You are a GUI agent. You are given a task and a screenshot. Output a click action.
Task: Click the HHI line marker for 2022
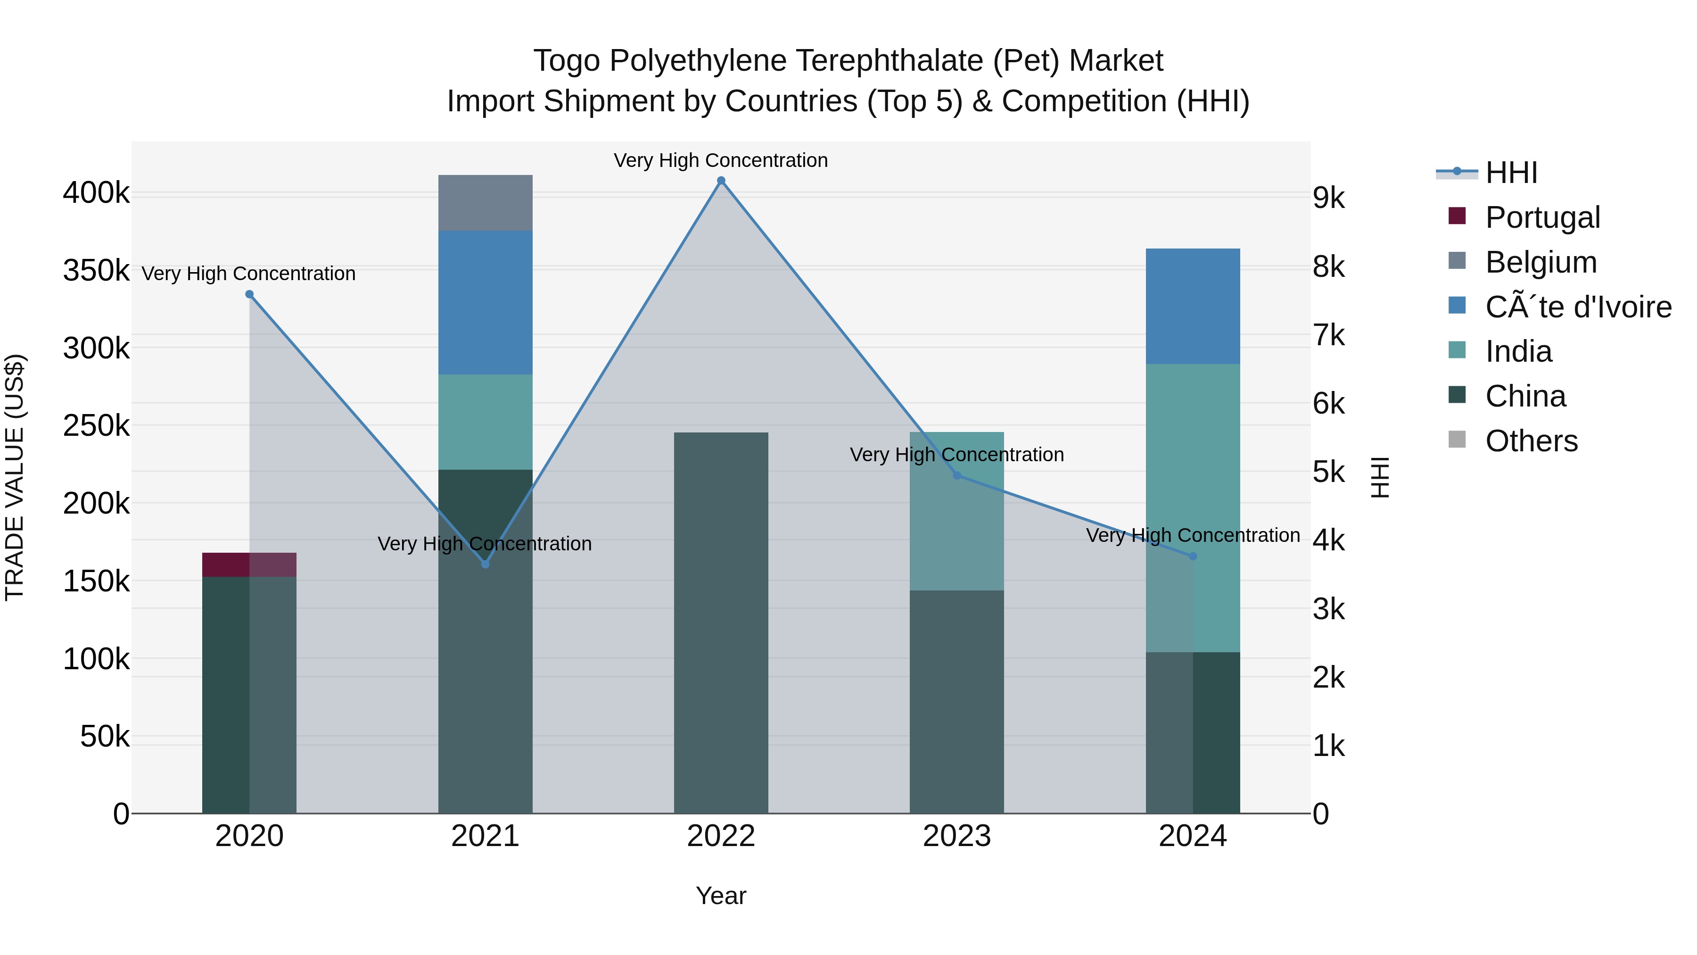pyautogui.click(x=721, y=181)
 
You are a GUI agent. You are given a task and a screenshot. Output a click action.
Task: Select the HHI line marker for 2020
pyautogui.click(x=249, y=295)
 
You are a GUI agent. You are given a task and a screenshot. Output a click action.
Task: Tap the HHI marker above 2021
pyautogui.click(x=486, y=564)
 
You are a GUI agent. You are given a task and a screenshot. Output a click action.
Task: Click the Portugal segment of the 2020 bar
pyautogui.click(x=249, y=565)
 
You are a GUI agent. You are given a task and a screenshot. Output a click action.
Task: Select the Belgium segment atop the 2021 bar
pyautogui.click(x=486, y=203)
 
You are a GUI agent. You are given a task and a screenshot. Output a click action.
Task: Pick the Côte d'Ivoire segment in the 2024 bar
pyautogui.click(x=1193, y=307)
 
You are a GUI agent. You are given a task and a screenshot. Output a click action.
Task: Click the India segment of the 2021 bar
pyautogui.click(x=486, y=422)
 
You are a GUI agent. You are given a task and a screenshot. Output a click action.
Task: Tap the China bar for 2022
pyautogui.click(x=721, y=623)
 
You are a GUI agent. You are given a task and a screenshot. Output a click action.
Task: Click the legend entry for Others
pyautogui.click(x=1531, y=441)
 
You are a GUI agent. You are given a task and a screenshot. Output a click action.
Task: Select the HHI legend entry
pyautogui.click(x=1511, y=173)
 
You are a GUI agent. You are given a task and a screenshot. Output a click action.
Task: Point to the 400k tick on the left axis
pyautogui.click(x=96, y=194)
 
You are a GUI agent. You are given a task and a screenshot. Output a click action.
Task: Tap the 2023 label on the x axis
pyautogui.click(x=956, y=836)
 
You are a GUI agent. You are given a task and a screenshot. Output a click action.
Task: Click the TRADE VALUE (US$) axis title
pyautogui.click(x=15, y=477)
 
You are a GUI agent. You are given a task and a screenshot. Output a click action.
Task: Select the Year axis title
pyautogui.click(x=721, y=896)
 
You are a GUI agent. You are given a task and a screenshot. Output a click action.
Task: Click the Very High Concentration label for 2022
pyautogui.click(x=721, y=160)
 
